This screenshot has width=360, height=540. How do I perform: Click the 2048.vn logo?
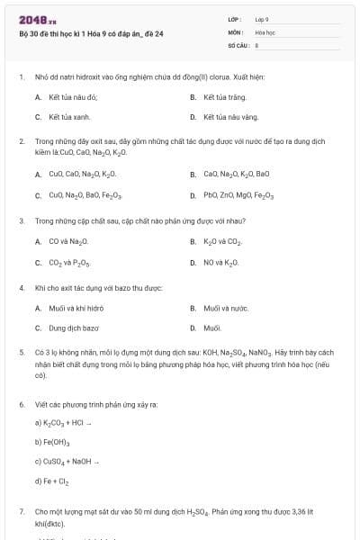click(37, 20)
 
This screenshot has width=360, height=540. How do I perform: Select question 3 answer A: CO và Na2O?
click(67, 241)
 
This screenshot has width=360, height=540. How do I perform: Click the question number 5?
click(22, 353)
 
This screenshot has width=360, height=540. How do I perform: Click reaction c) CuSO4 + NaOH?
click(70, 462)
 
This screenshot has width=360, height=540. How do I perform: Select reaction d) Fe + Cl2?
click(51, 481)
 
